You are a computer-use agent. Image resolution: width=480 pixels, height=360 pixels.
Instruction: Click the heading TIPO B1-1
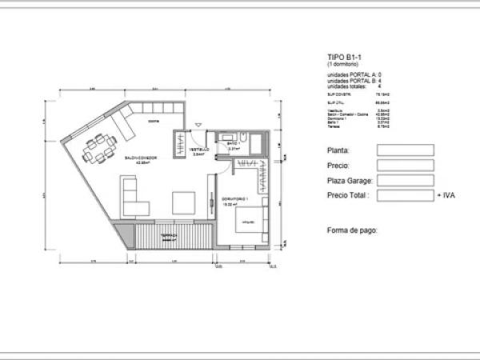pos(345,58)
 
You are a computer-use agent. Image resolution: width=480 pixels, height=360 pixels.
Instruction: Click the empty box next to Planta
pos(405,150)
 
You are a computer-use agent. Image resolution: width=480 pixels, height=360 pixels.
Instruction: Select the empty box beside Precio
pos(405,165)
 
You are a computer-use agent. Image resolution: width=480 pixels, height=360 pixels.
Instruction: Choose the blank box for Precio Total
pos(405,194)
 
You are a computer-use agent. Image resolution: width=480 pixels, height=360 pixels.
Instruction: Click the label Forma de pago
pos(352,230)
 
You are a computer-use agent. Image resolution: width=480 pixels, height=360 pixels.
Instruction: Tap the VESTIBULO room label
pos(199,149)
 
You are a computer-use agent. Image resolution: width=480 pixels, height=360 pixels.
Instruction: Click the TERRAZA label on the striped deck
pos(168,235)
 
